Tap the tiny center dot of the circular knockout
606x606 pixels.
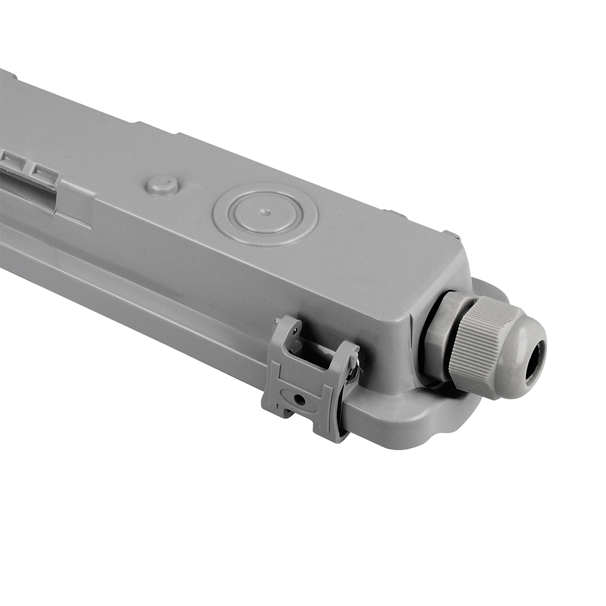[265, 213]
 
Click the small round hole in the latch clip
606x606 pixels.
[299, 400]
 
